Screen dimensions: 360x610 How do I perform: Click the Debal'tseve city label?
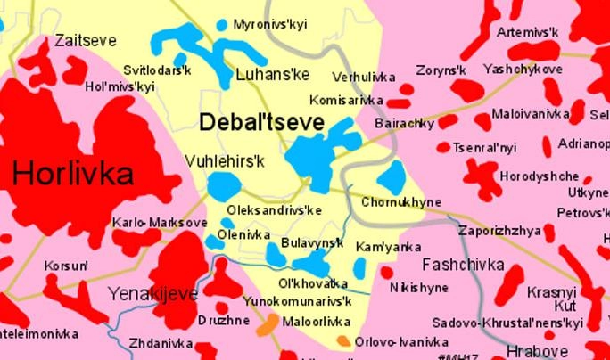click(x=261, y=123)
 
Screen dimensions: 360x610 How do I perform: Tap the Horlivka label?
click(x=73, y=171)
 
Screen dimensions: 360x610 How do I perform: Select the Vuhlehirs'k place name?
click(x=227, y=160)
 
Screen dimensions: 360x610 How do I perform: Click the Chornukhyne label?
click(x=401, y=202)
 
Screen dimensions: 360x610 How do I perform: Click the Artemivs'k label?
click(x=527, y=33)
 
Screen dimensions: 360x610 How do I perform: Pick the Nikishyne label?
click(x=419, y=288)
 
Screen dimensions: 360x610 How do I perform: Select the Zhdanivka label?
click(x=161, y=341)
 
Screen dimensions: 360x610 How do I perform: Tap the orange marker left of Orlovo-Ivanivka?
click(x=342, y=340)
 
